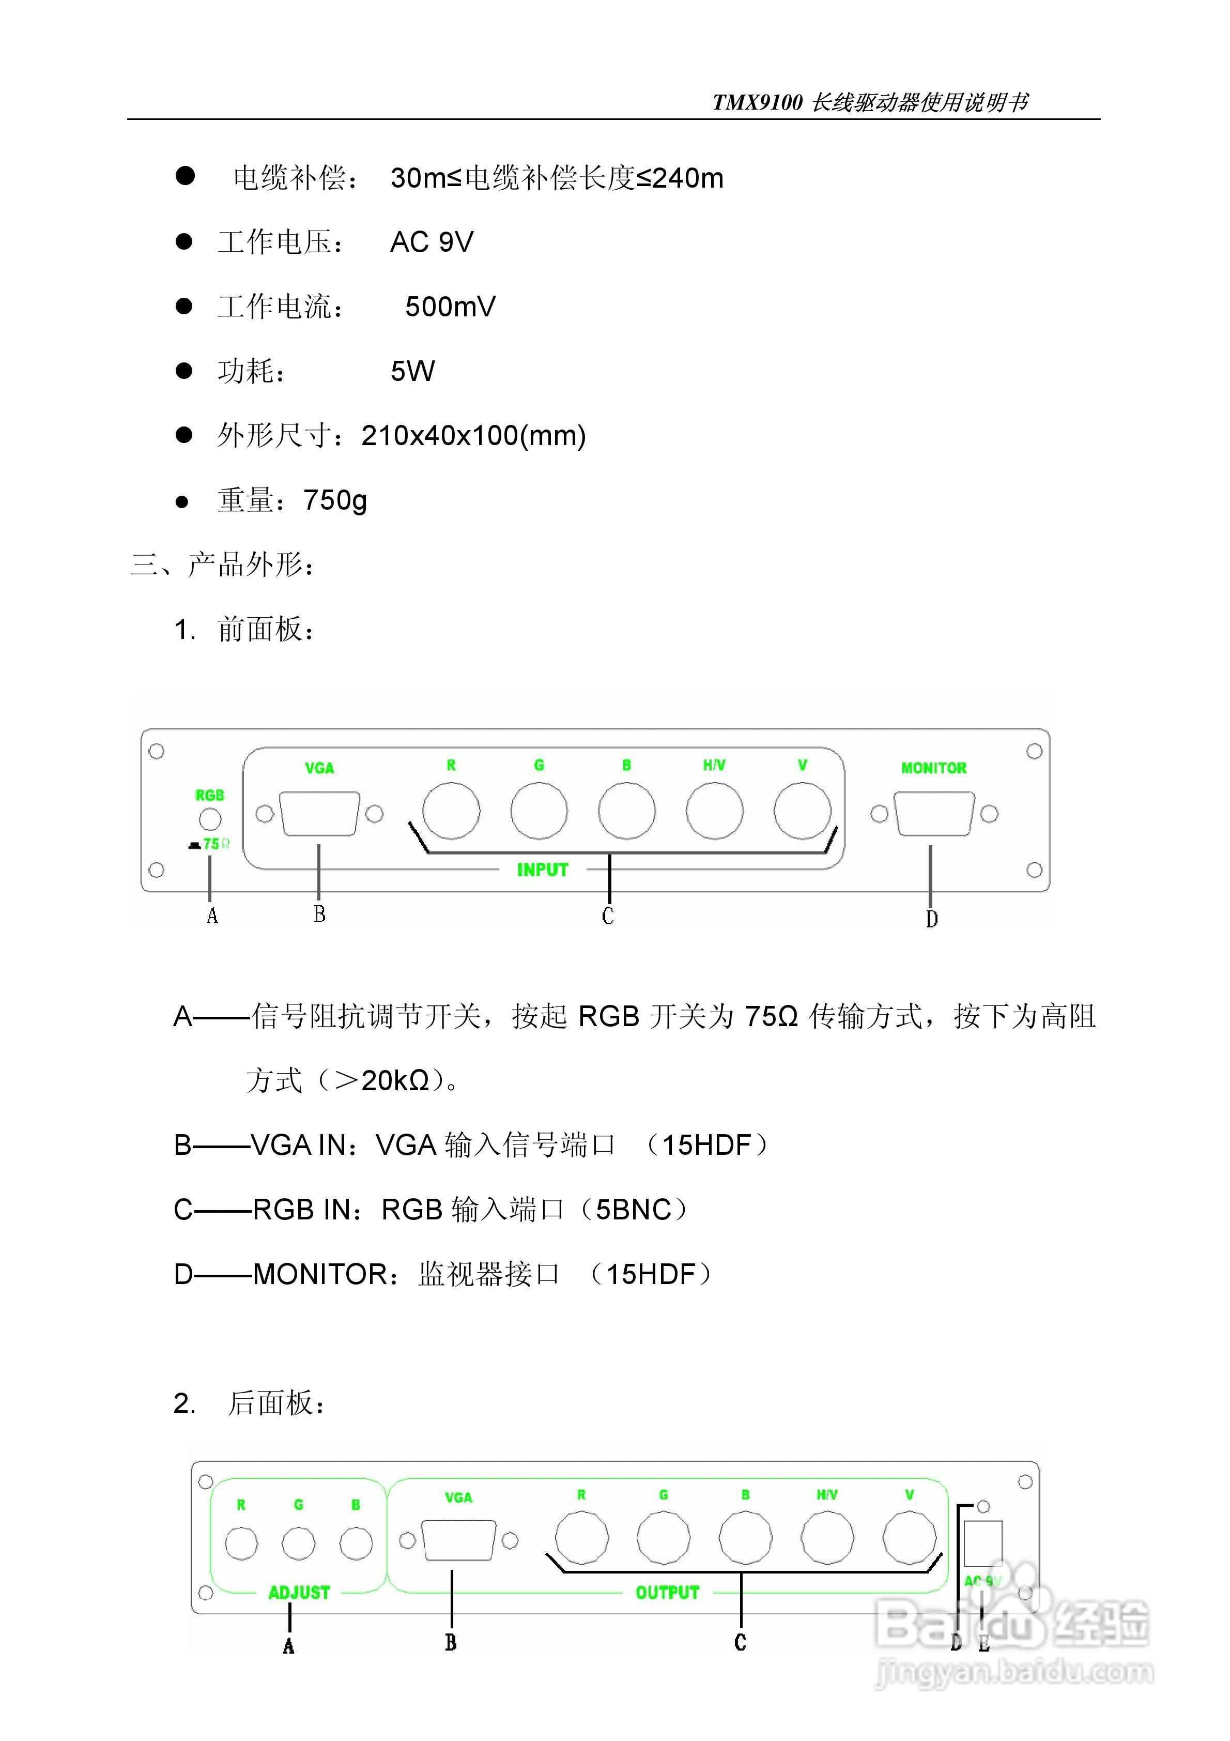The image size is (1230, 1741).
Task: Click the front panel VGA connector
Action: [319, 814]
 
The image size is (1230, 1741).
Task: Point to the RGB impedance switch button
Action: [210, 819]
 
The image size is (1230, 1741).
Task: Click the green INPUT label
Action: [542, 870]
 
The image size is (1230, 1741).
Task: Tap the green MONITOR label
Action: [933, 768]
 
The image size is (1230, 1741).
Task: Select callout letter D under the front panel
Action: [931, 919]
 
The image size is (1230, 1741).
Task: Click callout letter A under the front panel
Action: [212, 916]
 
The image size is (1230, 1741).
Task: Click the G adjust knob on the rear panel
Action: [299, 1543]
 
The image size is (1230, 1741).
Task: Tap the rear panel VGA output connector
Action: [458, 1540]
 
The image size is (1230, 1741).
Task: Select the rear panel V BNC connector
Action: [909, 1538]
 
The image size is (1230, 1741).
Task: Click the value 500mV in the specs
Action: [451, 307]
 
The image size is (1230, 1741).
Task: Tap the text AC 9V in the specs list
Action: [432, 242]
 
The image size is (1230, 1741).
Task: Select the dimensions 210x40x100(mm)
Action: [473, 436]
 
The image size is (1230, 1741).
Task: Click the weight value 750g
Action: [335, 500]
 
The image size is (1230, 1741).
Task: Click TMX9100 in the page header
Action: [757, 102]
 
